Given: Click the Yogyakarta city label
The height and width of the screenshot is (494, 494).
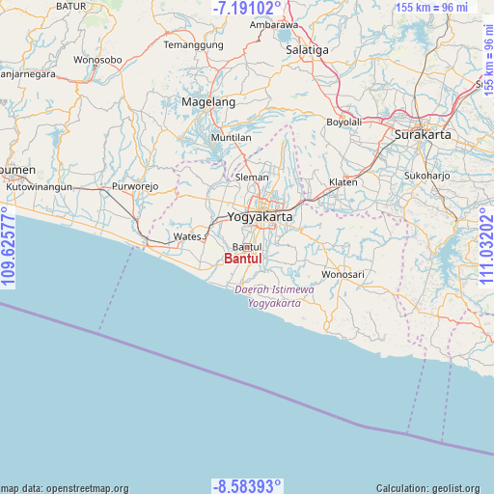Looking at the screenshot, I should pyautogui.click(x=260, y=217).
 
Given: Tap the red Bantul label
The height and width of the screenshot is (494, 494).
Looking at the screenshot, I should pyautogui.click(x=242, y=259).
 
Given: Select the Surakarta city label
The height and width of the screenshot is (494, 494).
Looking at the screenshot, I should pyautogui.click(x=423, y=135).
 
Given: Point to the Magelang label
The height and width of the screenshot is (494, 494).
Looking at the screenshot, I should pyautogui.click(x=208, y=101).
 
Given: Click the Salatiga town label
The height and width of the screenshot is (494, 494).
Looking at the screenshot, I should pyautogui.click(x=308, y=49).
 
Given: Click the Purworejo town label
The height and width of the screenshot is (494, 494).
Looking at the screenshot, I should pyautogui.click(x=134, y=185).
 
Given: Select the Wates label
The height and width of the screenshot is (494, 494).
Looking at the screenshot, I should pyautogui.click(x=186, y=236).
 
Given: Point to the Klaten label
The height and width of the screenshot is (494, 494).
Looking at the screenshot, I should pyautogui.click(x=343, y=182).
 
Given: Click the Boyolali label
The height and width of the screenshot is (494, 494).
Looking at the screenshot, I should pyautogui.click(x=343, y=123).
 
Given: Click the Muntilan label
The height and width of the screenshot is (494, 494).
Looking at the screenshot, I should pyautogui.click(x=232, y=138).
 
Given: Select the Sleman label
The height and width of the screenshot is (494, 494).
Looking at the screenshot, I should pyautogui.click(x=253, y=178).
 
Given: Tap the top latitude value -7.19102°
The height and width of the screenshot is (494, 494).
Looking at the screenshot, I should pyautogui.click(x=247, y=9).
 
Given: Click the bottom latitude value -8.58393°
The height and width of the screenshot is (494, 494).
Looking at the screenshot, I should pyautogui.click(x=247, y=485).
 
